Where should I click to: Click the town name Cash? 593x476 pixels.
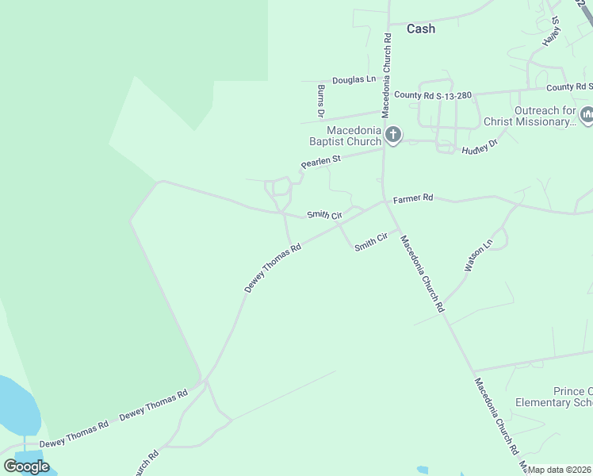(420, 29)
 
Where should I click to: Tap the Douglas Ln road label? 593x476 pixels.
(354, 79)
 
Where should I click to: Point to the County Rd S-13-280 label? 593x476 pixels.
(433, 95)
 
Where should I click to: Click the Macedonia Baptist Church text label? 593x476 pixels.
(346, 136)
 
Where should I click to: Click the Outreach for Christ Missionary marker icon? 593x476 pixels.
(587, 116)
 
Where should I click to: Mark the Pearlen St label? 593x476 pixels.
(320, 162)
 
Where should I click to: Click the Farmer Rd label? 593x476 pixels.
(413, 198)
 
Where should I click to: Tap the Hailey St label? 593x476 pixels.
(551, 30)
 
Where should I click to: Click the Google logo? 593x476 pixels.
(26, 466)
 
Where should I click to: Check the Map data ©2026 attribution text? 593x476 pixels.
(559, 470)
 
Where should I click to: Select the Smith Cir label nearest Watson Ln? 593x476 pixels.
(370, 244)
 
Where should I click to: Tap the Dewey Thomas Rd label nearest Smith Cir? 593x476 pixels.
(273, 269)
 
